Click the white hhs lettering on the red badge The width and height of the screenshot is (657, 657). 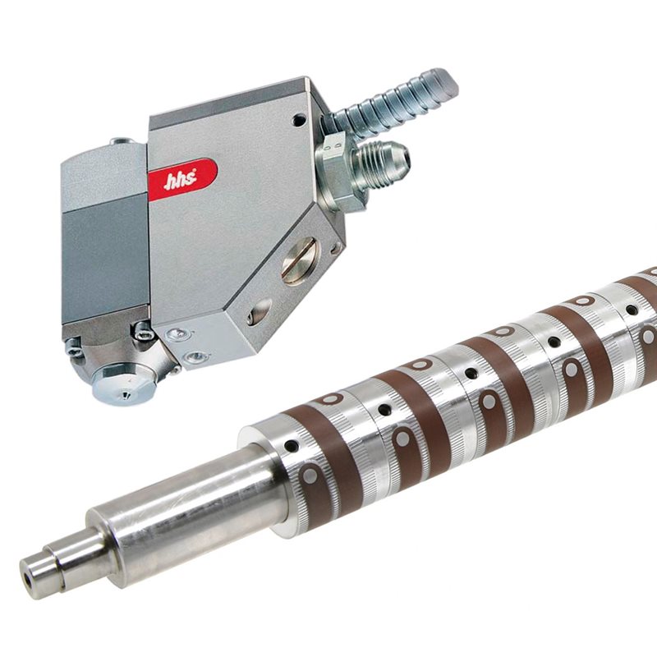(x=180, y=180)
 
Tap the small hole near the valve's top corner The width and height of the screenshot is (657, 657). (x=299, y=120)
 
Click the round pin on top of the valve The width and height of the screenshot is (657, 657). (x=122, y=141)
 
